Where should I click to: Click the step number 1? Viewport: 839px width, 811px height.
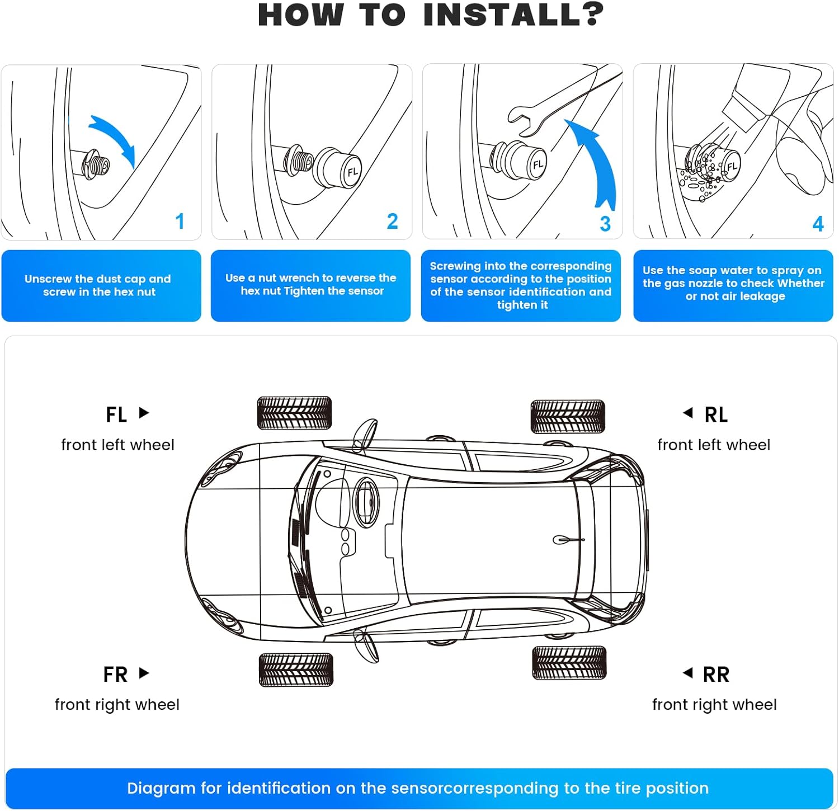tap(180, 221)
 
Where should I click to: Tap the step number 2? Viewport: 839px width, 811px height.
tap(393, 221)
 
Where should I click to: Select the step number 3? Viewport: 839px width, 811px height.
tap(605, 224)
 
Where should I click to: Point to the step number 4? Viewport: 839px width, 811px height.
tap(818, 224)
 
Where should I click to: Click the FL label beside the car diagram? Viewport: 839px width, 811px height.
tap(116, 415)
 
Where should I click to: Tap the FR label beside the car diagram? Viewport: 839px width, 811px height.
tap(116, 675)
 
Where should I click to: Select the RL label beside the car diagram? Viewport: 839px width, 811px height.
tap(716, 415)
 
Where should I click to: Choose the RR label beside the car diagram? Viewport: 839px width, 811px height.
tap(716, 675)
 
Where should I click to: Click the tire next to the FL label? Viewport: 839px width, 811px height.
tap(295, 413)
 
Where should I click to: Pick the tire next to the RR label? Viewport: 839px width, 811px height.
tap(569, 663)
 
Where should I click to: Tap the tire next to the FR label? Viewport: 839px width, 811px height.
tap(296, 669)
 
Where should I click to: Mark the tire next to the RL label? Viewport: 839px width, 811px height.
tap(568, 417)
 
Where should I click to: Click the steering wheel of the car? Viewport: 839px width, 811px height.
tap(366, 502)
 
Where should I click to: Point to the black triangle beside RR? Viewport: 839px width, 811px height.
tap(688, 673)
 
